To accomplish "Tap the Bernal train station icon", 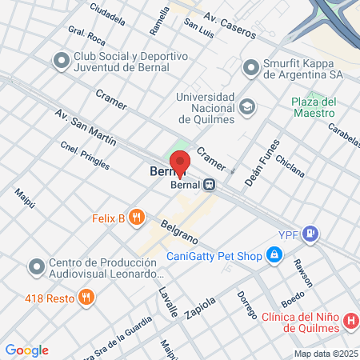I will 210,184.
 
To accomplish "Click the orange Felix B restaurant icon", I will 138,217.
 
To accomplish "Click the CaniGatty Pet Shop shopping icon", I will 274,256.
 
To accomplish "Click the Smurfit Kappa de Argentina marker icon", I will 252,66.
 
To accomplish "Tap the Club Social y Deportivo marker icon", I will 61,61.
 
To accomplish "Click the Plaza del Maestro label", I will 313,107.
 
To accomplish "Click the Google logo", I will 26,350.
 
